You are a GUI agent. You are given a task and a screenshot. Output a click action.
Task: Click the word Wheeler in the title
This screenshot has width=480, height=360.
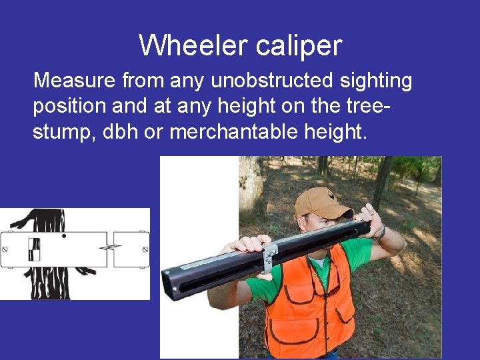coord(184,45)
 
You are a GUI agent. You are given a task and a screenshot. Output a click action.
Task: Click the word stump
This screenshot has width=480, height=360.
coord(62,132)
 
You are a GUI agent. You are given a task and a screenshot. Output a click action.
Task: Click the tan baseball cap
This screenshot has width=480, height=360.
coord(325,203)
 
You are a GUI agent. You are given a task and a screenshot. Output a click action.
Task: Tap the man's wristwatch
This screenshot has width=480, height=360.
coord(381,231)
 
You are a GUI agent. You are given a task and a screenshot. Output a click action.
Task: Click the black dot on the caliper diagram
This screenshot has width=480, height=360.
coord(63,236)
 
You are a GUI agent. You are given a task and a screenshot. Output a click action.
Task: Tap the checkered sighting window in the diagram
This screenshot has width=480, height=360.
coord(34,248)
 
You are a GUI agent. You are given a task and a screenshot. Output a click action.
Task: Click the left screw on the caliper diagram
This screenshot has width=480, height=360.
coord(5,249)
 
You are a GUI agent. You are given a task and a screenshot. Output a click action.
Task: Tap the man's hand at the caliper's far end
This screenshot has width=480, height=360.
coord(367,215)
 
